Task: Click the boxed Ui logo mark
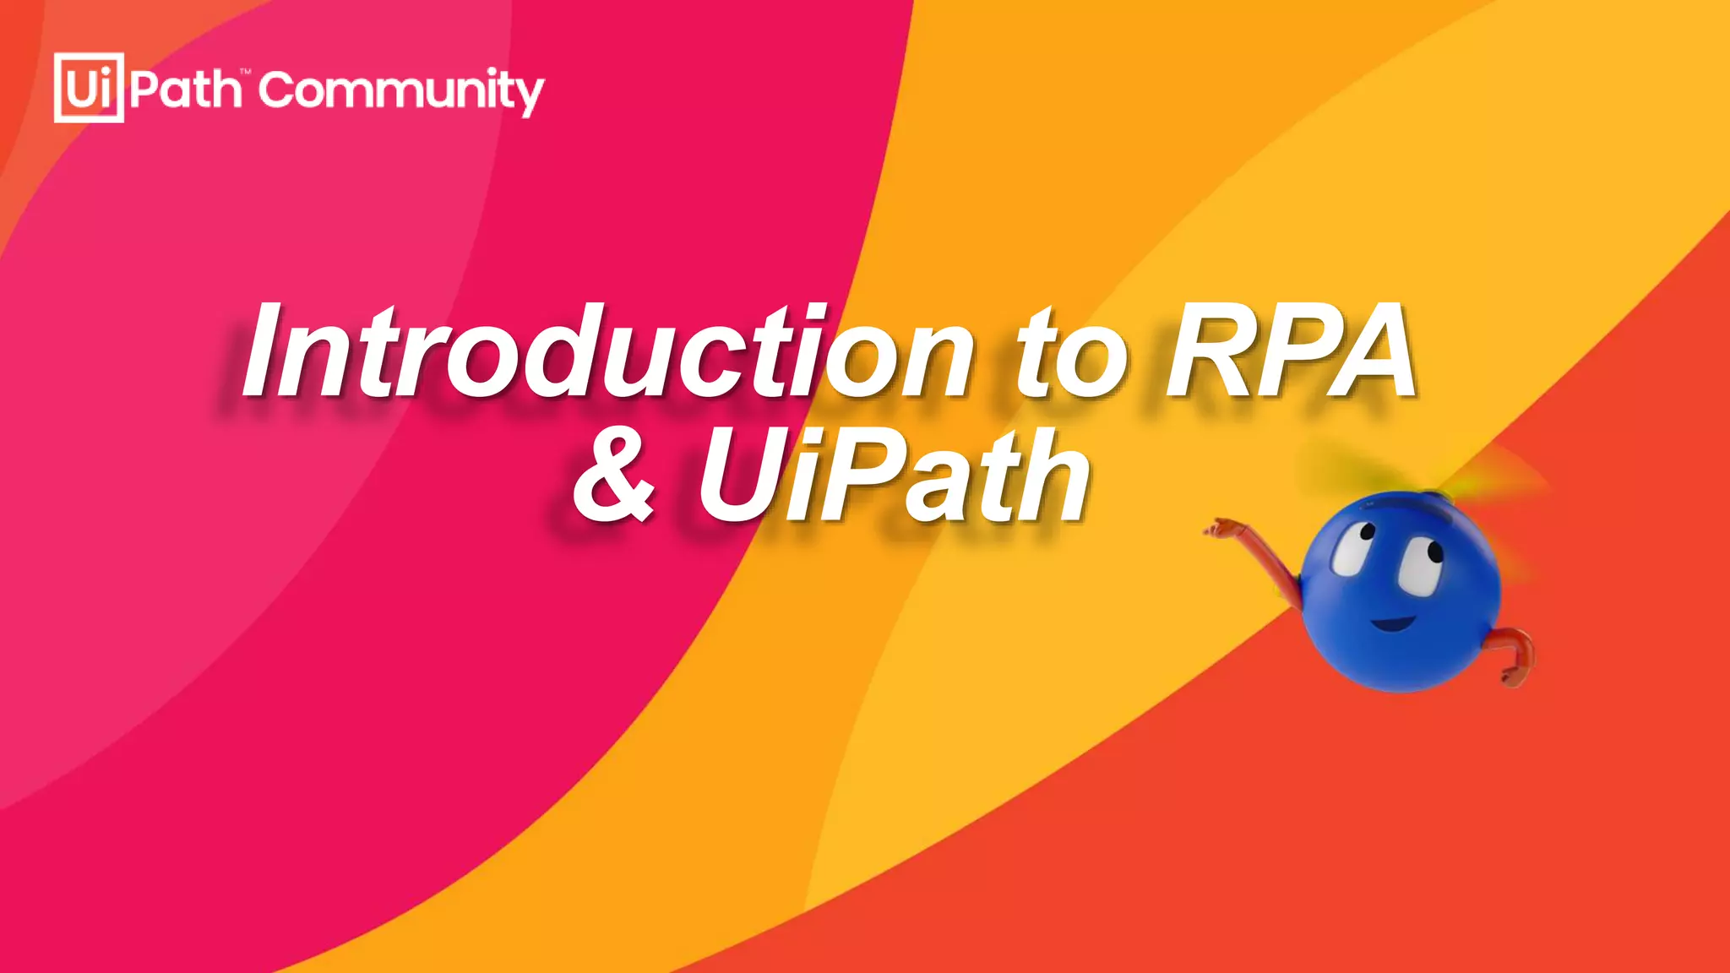[x=89, y=88]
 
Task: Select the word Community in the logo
[x=401, y=91]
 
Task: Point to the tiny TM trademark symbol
[x=246, y=73]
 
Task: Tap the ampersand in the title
[x=614, y=477]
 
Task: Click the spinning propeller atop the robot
[x=1436, y=481]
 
